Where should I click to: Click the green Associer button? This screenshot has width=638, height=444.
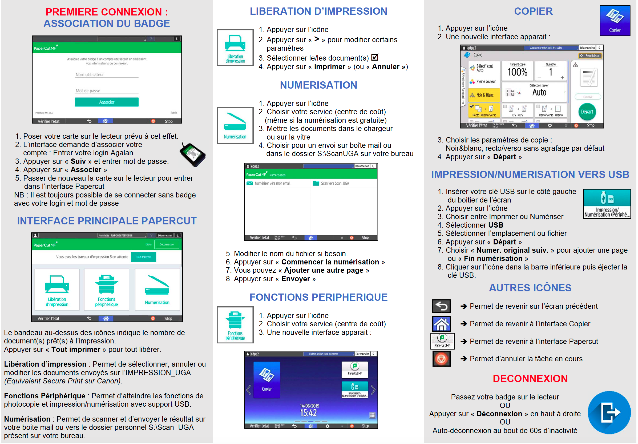(107, 102)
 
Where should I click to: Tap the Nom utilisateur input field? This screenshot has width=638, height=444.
(107, 74)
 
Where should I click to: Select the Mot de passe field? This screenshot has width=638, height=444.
(107, 91)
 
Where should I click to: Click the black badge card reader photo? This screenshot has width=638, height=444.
(193, 155)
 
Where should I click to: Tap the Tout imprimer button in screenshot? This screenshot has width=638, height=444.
(143, 257)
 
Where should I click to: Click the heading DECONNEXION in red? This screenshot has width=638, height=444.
(530, 379)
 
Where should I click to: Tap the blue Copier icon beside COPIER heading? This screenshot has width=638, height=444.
(615, 21)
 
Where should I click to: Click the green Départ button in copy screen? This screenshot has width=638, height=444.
(587, 112)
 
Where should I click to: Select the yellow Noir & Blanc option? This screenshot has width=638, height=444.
(484, 95)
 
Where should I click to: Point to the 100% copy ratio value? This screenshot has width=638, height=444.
(517, 72)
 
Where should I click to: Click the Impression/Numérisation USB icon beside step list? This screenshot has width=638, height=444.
(607, 204)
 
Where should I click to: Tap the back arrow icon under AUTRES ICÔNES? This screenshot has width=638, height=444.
(441, 306)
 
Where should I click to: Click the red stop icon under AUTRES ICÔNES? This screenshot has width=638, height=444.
(441, 359)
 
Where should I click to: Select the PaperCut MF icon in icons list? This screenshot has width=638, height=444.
(442, 341)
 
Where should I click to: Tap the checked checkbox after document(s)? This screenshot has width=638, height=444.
(375, 57)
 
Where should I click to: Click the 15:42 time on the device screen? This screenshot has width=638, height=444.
(308, 413)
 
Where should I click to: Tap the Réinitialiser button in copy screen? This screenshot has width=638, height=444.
(590, 56)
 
